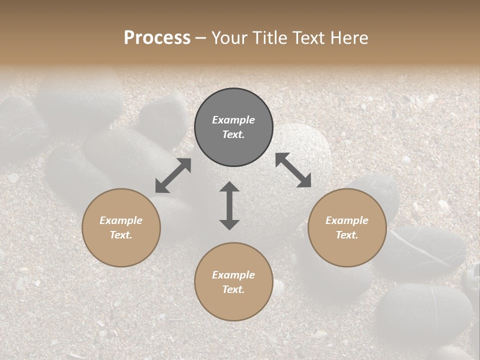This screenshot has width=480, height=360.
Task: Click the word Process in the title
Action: click(157, 38)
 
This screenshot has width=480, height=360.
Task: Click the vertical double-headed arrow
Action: click(229, 205)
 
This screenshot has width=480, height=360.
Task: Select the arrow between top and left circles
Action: click(173, 175)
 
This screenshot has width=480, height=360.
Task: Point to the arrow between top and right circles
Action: click(293, 170)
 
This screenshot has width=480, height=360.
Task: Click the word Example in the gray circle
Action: click(233, 120)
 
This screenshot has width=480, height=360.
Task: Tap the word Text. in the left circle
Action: click(121, 235)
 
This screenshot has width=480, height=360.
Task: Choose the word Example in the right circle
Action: click(347, 220)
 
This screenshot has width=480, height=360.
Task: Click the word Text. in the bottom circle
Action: click(233, 289)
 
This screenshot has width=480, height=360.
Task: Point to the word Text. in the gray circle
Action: click(233, 134)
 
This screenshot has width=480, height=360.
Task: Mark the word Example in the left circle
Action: click(121, 220)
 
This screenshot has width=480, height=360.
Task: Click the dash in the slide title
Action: click(201, 38)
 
